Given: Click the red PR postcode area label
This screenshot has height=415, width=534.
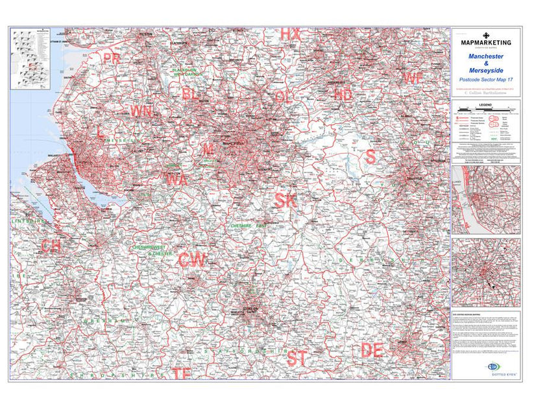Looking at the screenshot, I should point(112,58).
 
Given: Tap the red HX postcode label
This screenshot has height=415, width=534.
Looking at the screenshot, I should point(290,34).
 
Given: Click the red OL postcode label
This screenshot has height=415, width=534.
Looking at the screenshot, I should point(284,97).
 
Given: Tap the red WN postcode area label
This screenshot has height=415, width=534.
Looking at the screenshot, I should point(142,111).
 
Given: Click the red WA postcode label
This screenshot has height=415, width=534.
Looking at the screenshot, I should point(176,180).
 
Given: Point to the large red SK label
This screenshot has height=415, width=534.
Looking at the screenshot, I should point(285,201).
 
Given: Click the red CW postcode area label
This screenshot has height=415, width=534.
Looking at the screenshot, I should point(192,260).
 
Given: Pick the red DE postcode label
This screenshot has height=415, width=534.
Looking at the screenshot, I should point(371,351).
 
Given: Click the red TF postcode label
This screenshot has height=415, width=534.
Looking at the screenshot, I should point(182,373).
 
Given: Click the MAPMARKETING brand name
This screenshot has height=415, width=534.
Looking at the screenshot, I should point(486,43).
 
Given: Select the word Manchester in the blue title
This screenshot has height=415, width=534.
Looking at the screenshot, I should point(486,56).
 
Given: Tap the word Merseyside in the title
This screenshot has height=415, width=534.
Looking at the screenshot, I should point(486,70).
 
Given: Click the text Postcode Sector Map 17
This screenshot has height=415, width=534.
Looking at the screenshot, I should point(486,80).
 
